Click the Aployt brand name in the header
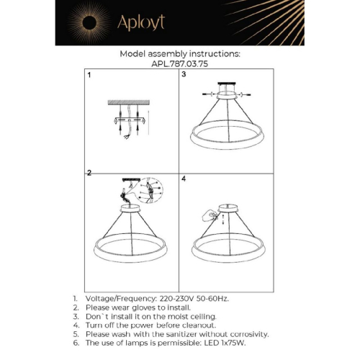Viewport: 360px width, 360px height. (x=146, y=22)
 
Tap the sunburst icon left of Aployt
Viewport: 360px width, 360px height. (x=93, y=22)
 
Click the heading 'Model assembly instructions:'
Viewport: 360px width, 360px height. (x=180, y=53)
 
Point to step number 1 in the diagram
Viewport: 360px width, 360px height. (x=89, y=75)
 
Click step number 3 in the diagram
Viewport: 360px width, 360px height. (x=184, y=75)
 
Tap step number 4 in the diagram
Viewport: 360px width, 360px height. (x=184, y=178)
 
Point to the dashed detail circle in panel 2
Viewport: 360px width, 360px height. (x=150, y=189)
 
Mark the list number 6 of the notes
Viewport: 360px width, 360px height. (x=75, y=343)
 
